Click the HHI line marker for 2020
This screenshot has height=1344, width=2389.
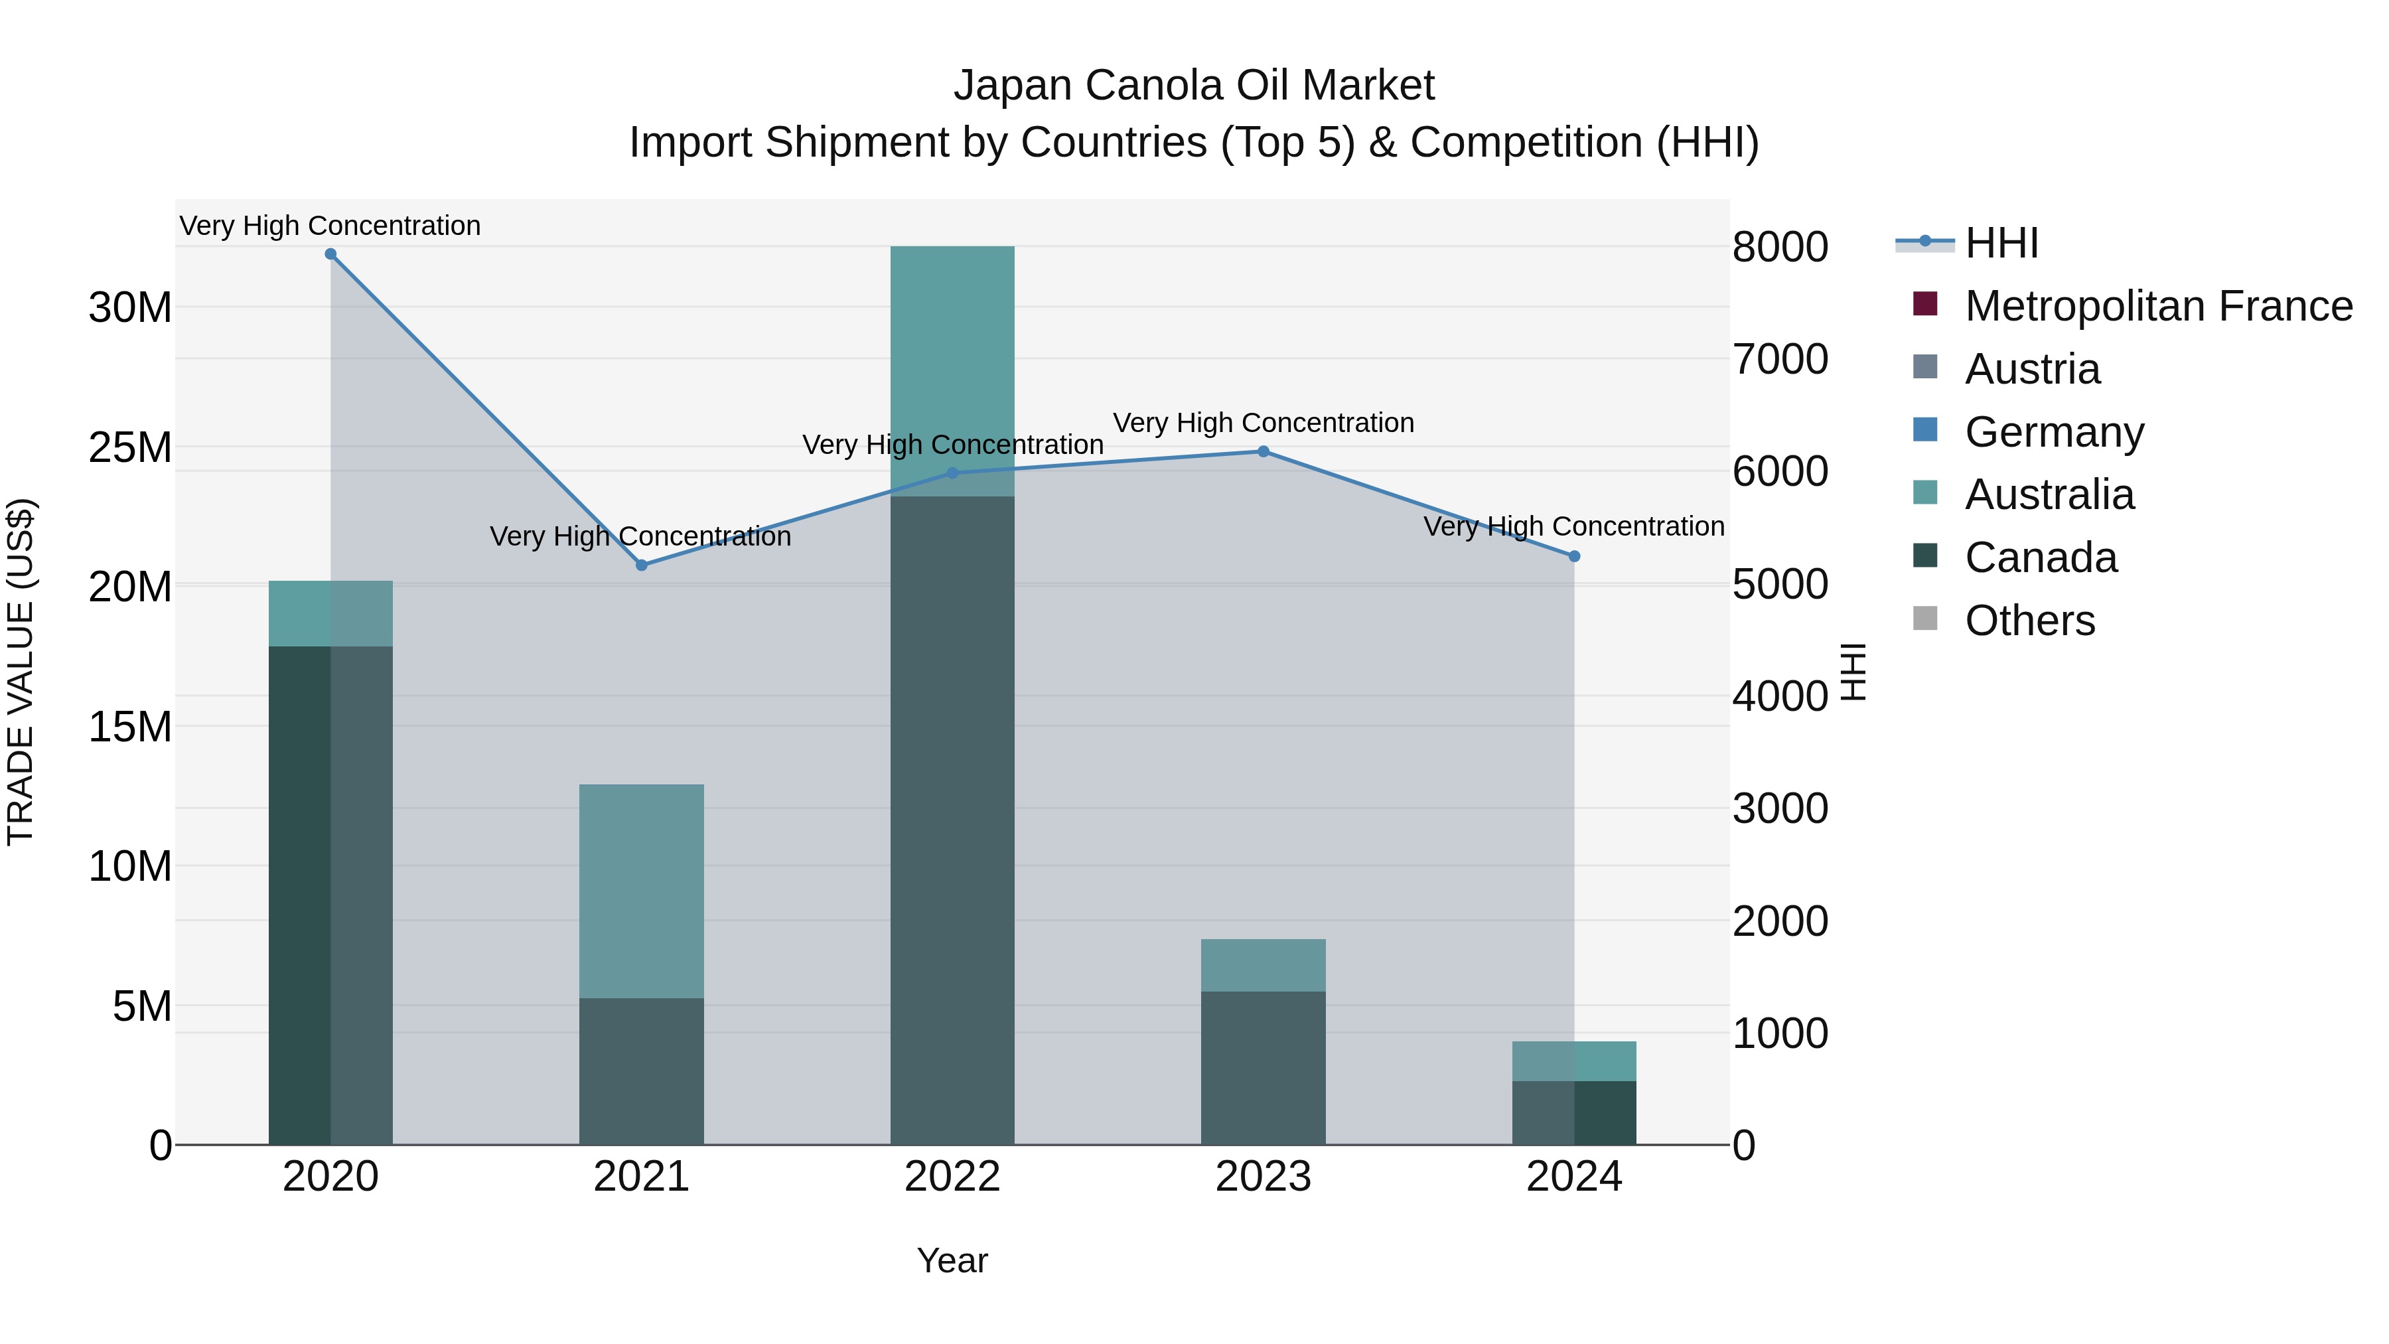[330, 254]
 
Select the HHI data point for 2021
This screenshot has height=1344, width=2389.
[641, 565]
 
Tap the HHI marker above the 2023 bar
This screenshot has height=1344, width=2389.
[1263, 452]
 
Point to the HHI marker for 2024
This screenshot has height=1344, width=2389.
[1574, 557]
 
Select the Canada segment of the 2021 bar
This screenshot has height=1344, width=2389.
[641, 1071]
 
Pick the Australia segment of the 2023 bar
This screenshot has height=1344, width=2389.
[1263, 964]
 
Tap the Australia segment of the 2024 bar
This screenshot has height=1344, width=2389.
[1574, 1061]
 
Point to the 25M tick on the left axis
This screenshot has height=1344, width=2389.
[130, 447]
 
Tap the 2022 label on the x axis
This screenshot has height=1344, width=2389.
[952, 1177]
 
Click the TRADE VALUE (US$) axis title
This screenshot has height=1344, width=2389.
[21, 672]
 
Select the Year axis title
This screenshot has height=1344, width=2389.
[952, 1260]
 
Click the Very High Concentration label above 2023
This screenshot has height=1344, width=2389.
[1263, 423]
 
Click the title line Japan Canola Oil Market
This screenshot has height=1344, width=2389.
[1194, 86]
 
